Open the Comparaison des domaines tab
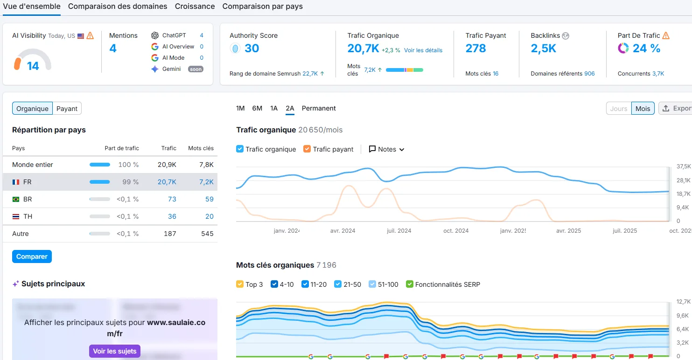117,7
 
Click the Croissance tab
195,7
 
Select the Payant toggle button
67,109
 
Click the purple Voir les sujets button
115,351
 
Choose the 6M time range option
257,108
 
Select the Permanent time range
319,108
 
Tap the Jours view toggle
618,109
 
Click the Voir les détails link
423,50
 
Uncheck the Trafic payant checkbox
307,149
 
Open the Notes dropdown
386,149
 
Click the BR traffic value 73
172,199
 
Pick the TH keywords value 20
209,216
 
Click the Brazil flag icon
16,199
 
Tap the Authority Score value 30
252,48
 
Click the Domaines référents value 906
589,74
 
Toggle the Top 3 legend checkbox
240,284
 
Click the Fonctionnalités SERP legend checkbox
410,284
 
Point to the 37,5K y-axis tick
683,166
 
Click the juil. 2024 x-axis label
399,231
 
